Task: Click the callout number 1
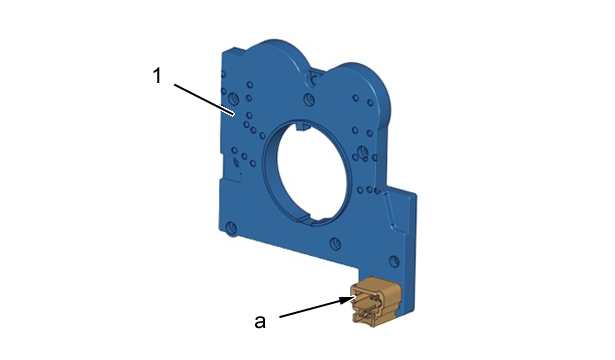tap(157, 76)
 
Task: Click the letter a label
tap(260, 322)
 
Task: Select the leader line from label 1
tap(204, 100)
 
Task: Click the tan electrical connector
tap(376, 301)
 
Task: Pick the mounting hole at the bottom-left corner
tap(231, 228)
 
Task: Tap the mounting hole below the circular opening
tap(335, 244)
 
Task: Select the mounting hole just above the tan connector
tap(394, 262)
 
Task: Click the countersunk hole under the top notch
tap(309, 99)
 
